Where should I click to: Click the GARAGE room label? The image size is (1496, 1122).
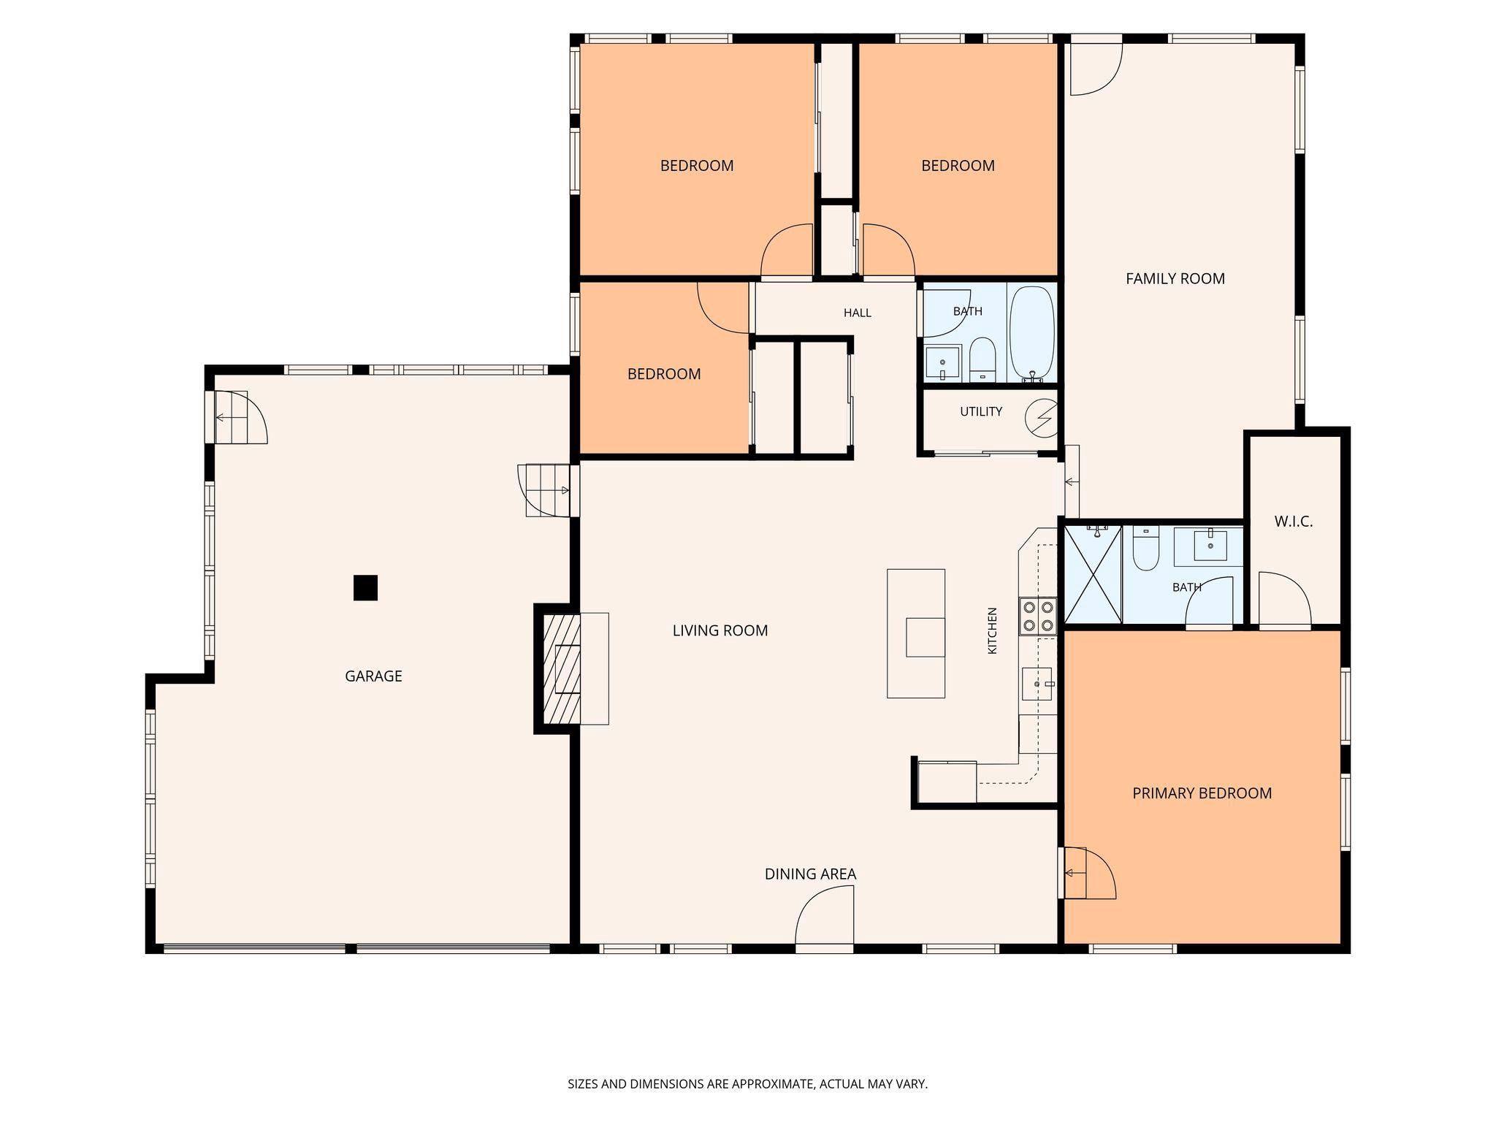[373, 676]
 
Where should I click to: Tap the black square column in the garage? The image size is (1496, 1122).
[365, 587]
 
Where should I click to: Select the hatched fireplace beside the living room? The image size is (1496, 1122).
[562, 668]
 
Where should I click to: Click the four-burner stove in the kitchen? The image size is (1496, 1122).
[1038, 615]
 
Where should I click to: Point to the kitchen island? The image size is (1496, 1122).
[916, 633]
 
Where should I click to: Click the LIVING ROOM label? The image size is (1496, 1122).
[720, 630]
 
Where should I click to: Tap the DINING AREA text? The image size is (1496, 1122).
[810, 874]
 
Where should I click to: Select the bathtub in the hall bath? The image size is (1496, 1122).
[1032, 333]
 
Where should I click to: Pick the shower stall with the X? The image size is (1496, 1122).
[1093, 574]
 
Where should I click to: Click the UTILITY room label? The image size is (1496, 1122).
[981, 412]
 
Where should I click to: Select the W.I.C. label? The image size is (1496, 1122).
[1294, 522]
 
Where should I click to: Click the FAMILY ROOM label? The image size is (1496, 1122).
[1175, 278]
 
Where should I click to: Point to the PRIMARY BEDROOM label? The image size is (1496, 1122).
[1202, 793]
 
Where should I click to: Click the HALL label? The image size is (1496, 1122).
[858, 313]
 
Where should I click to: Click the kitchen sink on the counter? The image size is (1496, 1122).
[1037, 684]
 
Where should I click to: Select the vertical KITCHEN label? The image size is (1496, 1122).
[992, 630]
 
